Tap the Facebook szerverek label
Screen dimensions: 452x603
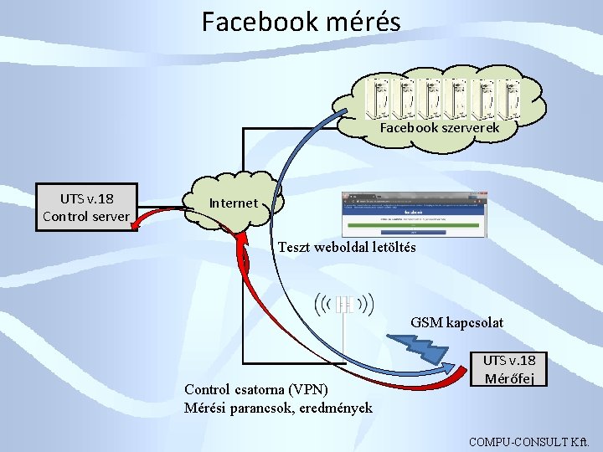440,128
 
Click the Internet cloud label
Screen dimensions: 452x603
234,203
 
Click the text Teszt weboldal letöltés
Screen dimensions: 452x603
347,248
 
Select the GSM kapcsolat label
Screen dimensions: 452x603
457,322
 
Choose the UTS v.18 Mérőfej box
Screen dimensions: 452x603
509,369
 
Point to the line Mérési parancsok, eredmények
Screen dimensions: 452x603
278,408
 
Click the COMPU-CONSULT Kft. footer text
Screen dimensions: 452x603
530,440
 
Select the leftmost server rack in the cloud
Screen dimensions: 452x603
382,97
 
